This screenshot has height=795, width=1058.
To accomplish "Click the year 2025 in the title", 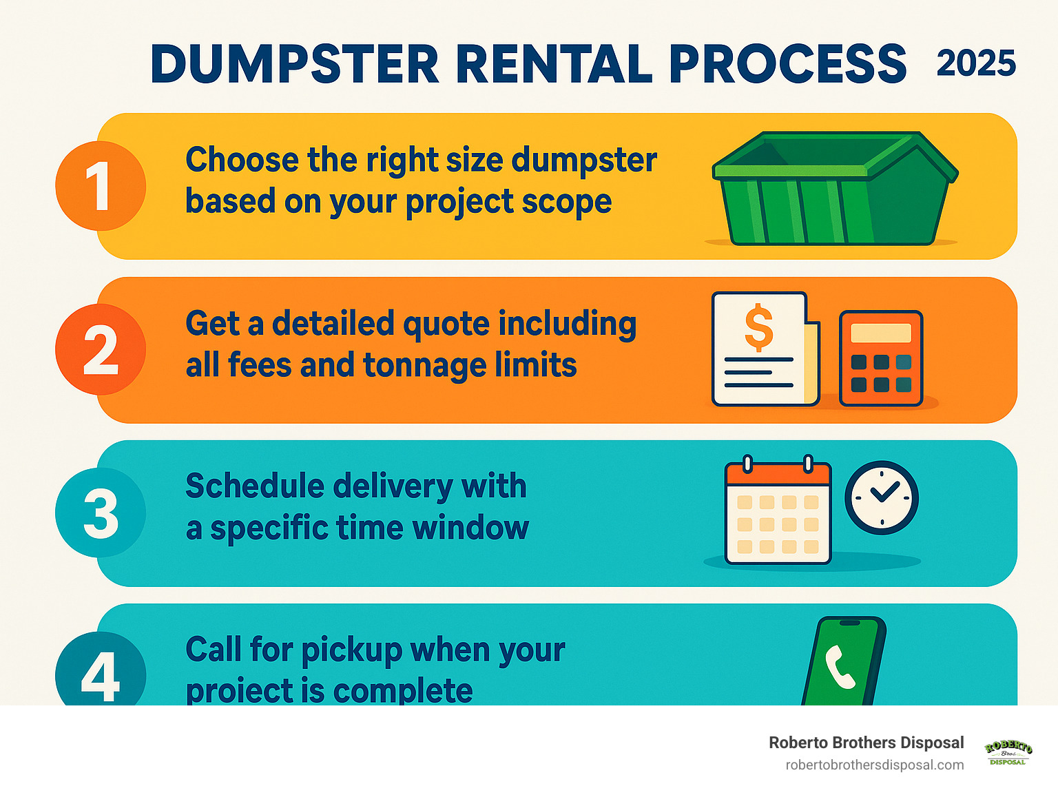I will coord(976,63).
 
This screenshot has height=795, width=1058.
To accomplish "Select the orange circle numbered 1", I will coord(101,186).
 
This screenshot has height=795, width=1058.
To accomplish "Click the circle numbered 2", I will coord(101,349).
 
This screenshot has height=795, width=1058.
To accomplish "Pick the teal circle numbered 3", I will coord(101,513).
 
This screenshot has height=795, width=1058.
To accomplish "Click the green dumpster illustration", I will coord(833,189).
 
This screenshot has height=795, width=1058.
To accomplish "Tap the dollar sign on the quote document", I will coord(759,327).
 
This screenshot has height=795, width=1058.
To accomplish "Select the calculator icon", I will coord(881,358).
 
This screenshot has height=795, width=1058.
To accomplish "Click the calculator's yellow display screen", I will coord(881,333).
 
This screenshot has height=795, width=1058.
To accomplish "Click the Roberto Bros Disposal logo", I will coord(1008,752).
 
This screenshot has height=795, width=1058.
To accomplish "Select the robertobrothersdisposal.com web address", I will coord(874,765).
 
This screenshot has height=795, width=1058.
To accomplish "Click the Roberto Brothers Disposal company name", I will coord(866,743).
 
